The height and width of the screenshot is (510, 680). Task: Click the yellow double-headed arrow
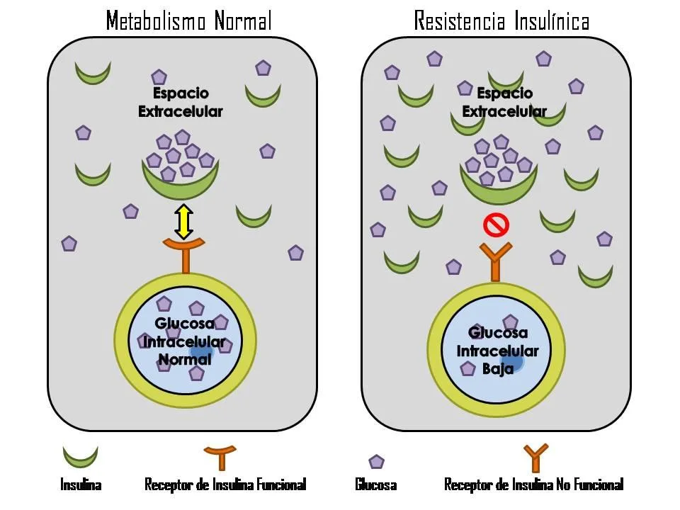pos(183,221)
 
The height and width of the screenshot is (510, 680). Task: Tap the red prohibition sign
pos(496,226)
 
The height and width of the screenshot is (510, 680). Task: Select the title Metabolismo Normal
pos(188,21)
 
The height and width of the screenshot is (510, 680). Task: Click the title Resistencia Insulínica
pos(501,21)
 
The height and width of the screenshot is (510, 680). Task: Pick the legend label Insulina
pos(80,485)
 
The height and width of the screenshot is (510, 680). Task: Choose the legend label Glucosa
pos(375,485)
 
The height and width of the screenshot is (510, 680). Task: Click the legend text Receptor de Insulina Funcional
pos(225,485)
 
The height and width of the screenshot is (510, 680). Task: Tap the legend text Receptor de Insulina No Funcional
pos(533,485)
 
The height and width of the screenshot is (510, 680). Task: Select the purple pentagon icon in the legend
pos(376,461)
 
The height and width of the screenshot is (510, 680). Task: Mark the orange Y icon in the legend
pos(535,458)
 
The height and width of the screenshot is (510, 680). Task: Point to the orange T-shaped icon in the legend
pos(222,457)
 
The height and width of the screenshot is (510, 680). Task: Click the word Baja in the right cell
pos(497,368)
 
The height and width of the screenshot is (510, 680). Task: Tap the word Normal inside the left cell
pos(184,359)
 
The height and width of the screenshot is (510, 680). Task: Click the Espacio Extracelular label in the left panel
pos(180,103)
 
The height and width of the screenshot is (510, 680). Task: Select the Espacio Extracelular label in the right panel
pos(504,103)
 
